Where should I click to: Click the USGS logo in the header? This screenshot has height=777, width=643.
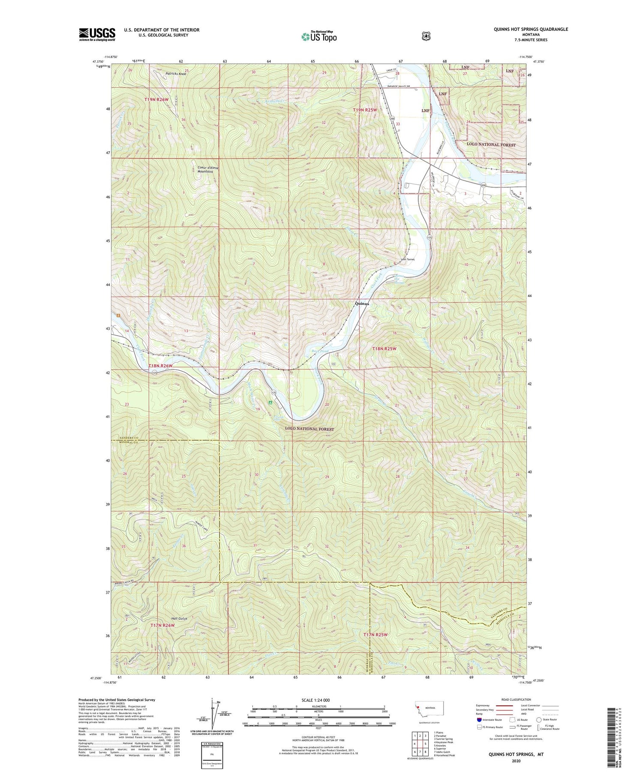97,34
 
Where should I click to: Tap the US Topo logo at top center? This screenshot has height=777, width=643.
319,36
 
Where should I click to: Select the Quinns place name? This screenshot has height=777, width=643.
362,303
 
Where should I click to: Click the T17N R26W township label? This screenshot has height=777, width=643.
163,625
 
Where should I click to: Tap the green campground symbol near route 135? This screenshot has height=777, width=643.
270,402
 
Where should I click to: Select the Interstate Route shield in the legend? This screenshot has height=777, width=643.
479,720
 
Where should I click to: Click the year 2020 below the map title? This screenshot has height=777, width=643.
516,761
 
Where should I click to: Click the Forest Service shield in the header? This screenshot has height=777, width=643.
426,36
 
